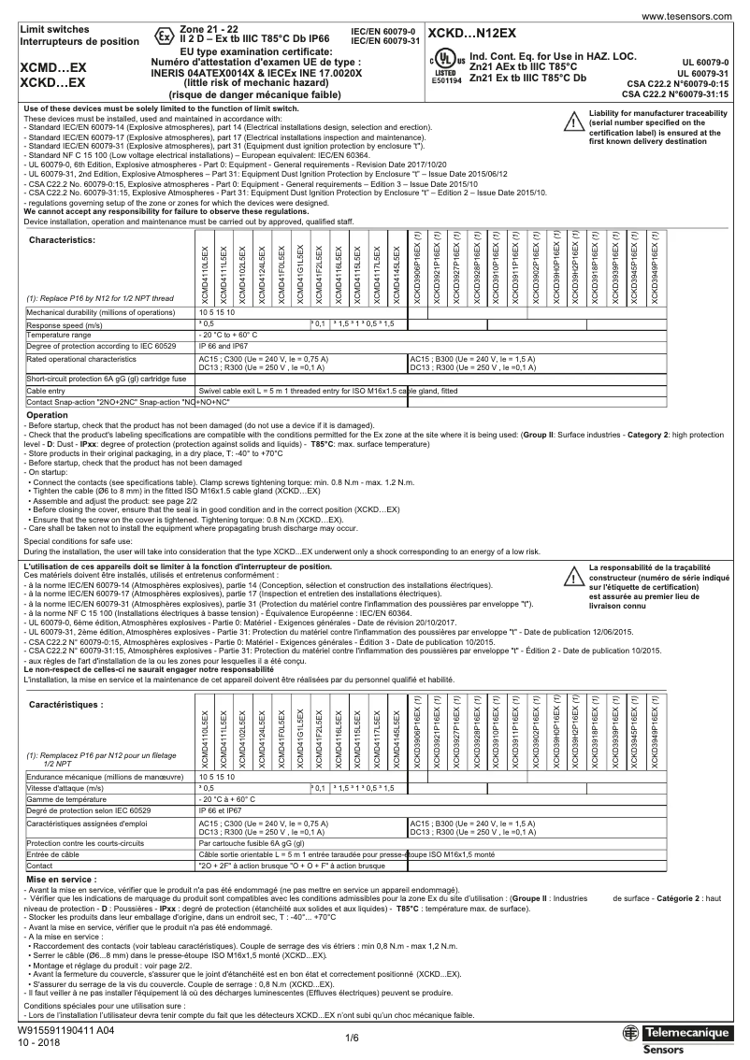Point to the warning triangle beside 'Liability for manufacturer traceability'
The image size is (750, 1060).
(573, 122)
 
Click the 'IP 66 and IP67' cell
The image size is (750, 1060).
(223, 345)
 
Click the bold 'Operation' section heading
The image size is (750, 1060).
(47, 414)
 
